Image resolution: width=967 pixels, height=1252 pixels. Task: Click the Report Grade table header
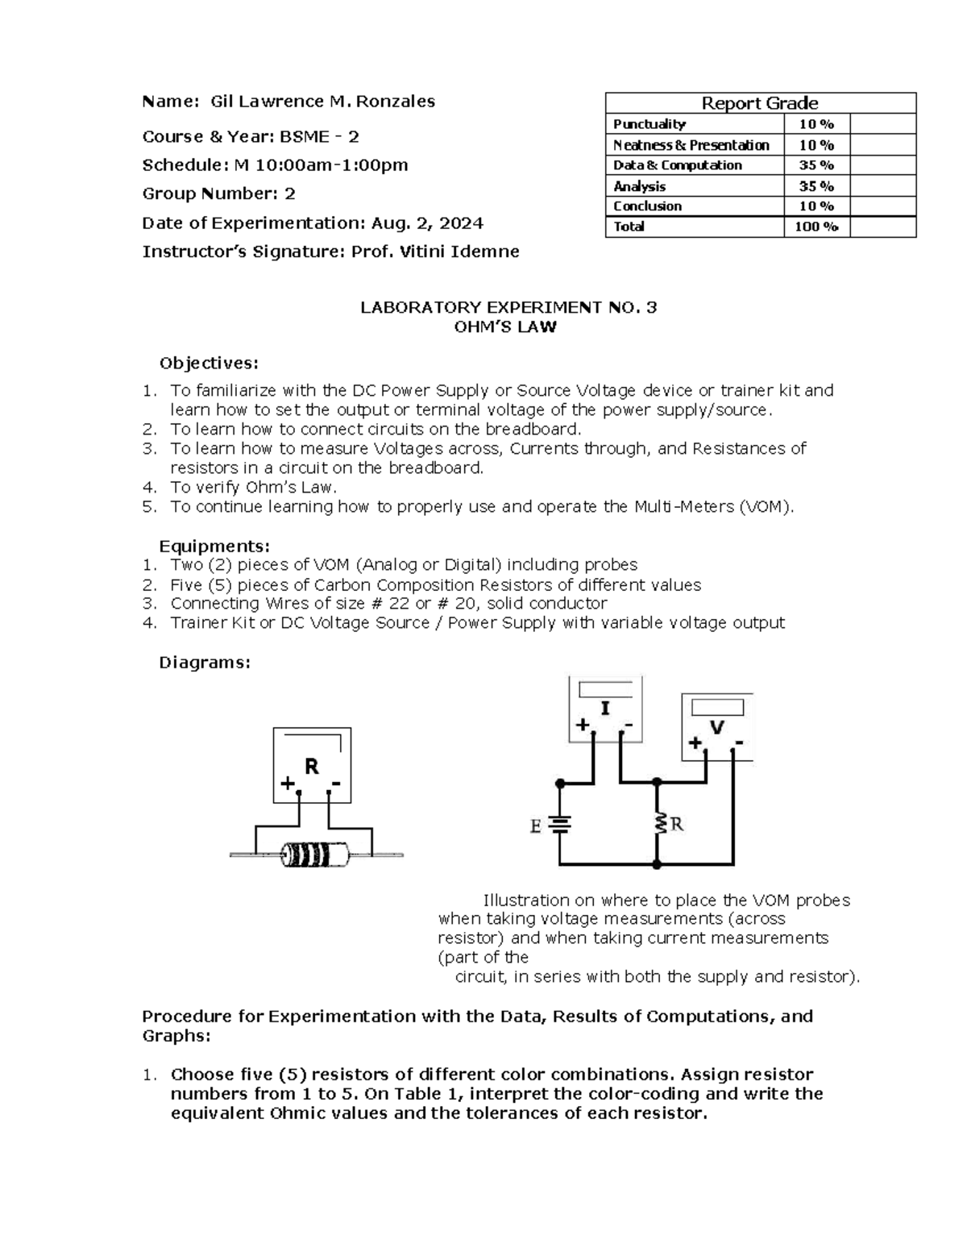[x=760, y=103]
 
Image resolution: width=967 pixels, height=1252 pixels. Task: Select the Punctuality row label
[x=649, y=124]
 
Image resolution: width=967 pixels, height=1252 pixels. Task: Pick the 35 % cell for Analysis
[x=816, y=186]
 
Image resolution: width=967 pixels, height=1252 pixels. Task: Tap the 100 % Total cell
[x=816, y=227]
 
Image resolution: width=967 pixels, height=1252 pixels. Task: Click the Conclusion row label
[x=647, y=206]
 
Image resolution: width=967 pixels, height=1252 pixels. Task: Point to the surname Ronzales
[x=395, y=102]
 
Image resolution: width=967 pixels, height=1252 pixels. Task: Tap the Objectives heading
[x=209, y=363]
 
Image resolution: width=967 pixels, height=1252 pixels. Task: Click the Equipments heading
[x=214, y=547]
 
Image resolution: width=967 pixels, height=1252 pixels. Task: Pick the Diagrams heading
[x=205, y=663]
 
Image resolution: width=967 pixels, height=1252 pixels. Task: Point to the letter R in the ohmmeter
[x=311, y=766]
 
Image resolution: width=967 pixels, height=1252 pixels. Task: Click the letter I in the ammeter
[x=605, y=708]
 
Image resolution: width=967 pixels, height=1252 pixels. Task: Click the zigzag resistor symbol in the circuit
[x=658, y=824]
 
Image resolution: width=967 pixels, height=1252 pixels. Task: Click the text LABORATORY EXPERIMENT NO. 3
[x=508, y=307]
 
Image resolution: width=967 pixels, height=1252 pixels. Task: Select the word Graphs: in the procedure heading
[x=176, y=1036]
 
